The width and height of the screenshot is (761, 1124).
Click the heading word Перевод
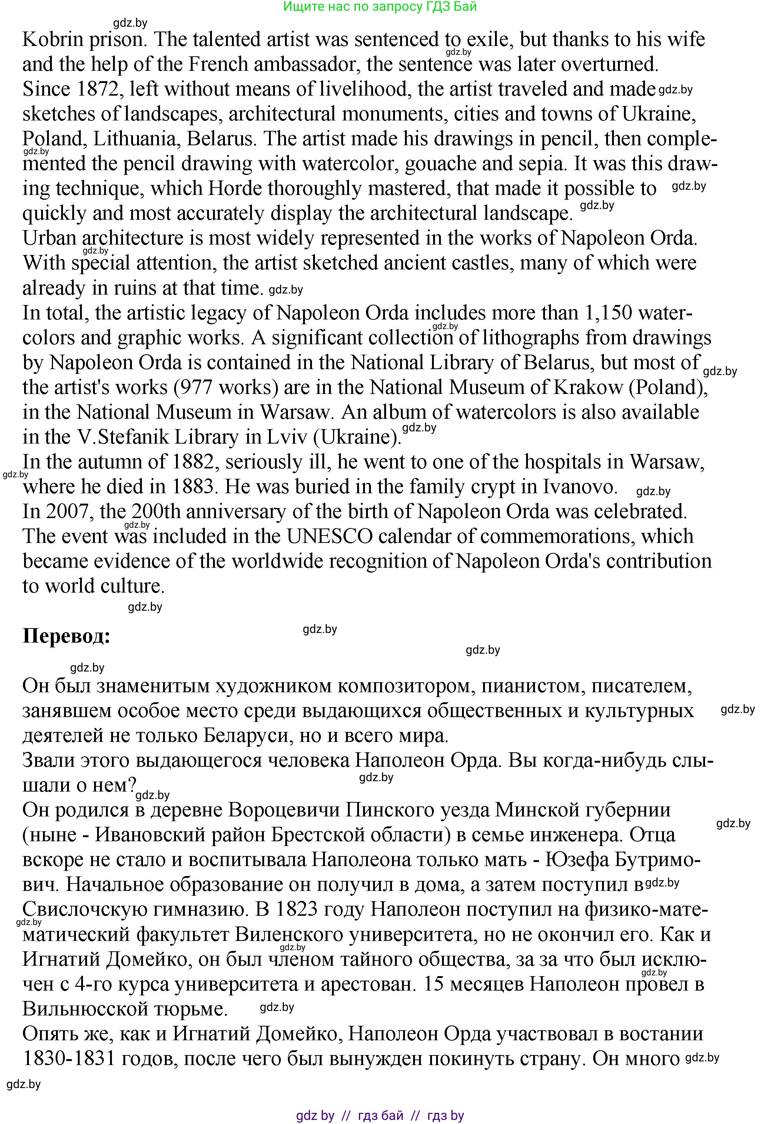coord(66,636)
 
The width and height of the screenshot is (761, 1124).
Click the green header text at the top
coord(380,6)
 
